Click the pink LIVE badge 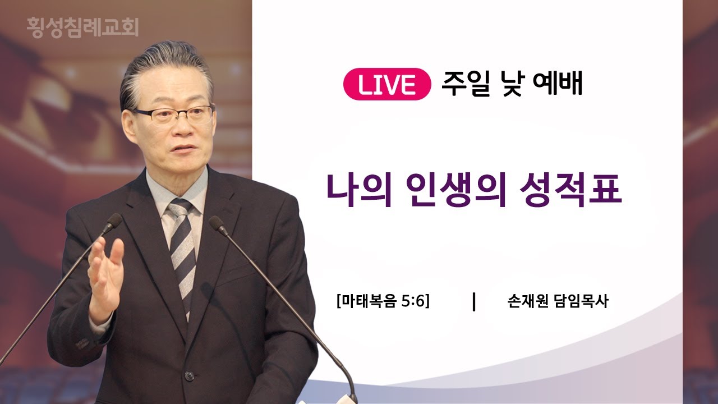coord(387,84)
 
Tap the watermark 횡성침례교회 coord(82,27)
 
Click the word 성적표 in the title coord(571,190)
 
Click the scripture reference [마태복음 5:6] coord(383,301)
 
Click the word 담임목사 coord(581,301)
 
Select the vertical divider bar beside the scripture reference coord(474,301)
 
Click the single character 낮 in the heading coord(512,84)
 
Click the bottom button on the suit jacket coord(189,376)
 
